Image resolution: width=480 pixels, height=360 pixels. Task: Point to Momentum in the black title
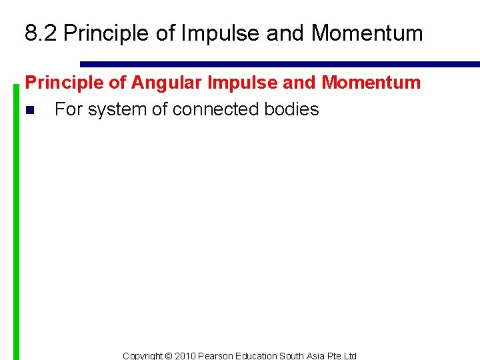click(x=366, y=33)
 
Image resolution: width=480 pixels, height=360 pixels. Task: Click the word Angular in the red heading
click(x=169, y=83)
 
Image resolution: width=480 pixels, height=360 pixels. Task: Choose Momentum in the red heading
click(x=371, y=83)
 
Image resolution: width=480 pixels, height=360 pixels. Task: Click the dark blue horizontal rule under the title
click(x=280, y=65)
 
